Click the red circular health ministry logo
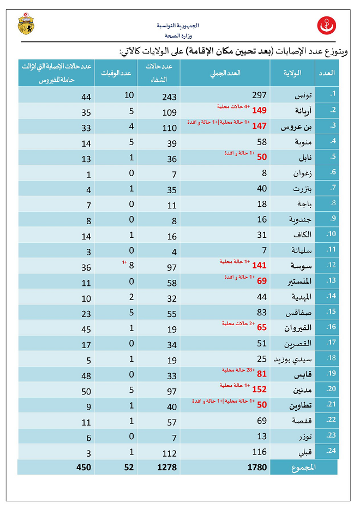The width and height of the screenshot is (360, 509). point(327,25)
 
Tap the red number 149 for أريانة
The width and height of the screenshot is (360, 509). point(259,111)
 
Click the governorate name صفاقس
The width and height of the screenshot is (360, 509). point(299,314)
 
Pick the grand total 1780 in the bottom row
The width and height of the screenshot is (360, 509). point(256,467)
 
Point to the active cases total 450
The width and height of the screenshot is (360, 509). point(83,467)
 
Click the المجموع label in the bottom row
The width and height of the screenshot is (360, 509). point(304,467)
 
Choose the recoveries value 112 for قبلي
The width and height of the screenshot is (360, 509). point(170,452)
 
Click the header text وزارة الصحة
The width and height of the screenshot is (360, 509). point(178,34)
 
